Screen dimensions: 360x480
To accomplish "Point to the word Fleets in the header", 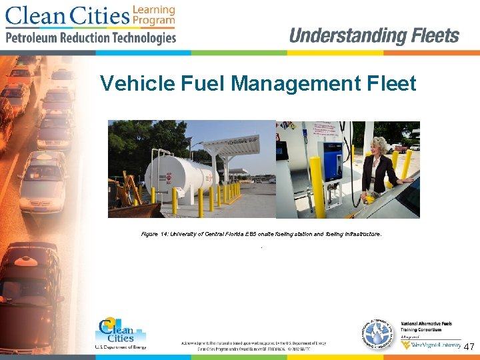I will point(435,36).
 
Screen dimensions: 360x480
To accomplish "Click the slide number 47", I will point(469,347).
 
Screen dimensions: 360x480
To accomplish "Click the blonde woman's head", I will point(381,146).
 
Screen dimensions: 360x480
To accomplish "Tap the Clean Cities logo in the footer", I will point(120,333).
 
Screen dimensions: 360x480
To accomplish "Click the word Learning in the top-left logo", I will point(154,10).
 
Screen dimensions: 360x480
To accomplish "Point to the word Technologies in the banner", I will point(141,38).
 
